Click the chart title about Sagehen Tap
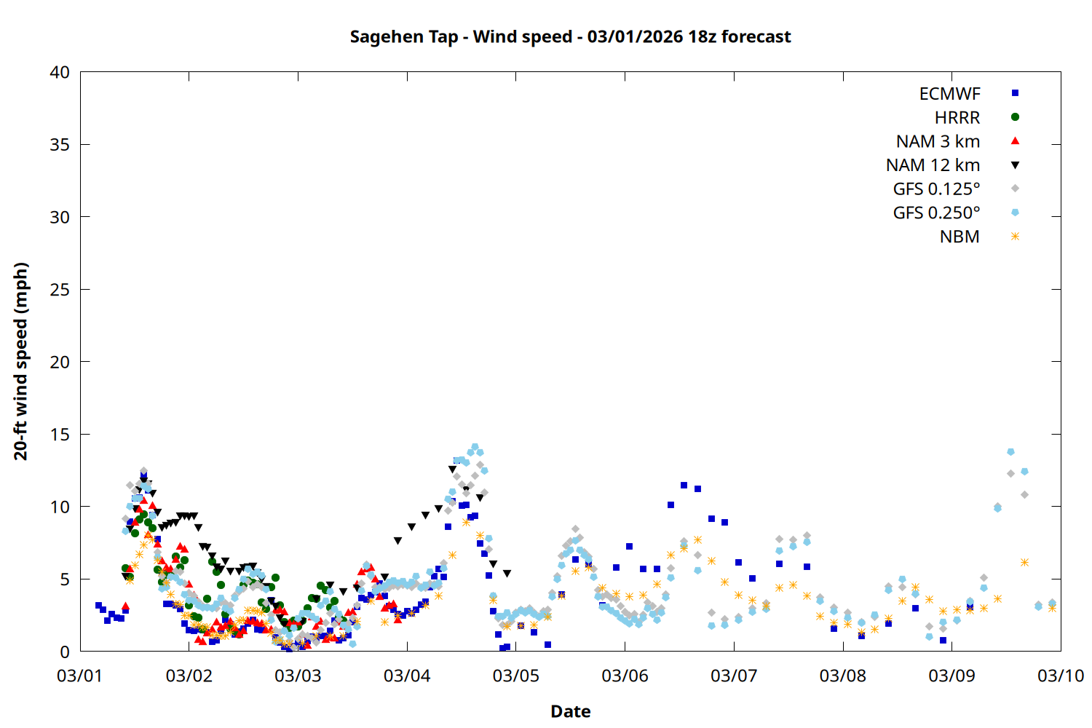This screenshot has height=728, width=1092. [x=570, y=36]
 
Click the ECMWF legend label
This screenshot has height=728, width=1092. [x=949, y=94]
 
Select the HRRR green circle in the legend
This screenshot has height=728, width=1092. [x=1015, y=117]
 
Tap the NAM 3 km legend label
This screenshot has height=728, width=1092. [x=938, y=141]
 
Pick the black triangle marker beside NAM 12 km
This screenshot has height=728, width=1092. [x=1015, y=165]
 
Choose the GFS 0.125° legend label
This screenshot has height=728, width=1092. [x=936, y=189]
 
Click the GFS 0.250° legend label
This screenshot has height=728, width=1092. [x=936, y=213]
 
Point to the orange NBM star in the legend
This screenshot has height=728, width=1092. [x=1015, y=237]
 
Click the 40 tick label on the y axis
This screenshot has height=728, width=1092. [x=60, y=72]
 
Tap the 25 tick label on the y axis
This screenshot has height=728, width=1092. [x=60, y=290]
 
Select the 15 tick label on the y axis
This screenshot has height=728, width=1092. [x=60, y=435]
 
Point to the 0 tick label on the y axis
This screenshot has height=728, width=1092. [x=66, y=652]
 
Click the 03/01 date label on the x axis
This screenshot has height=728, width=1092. [x=80, y=676]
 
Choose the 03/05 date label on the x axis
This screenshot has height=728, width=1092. [x=516, y=676]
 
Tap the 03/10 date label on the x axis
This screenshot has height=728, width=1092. [x=1061, y=676]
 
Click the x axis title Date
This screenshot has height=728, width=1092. [x=570, y=711]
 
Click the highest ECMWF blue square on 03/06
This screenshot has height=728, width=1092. [x=684, y=485]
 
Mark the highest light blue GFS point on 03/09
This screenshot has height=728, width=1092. [x=1010, y=452]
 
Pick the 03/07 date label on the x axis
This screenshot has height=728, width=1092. [x=734, y=676]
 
